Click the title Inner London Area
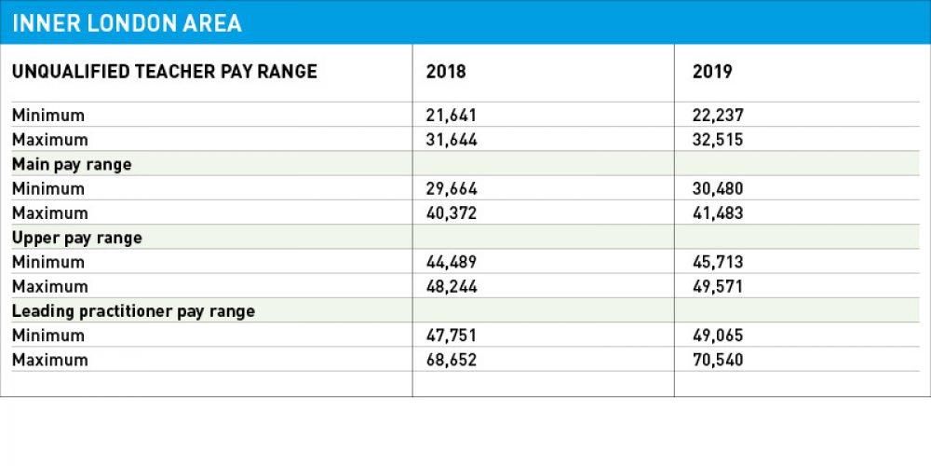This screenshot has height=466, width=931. tap(128, 23)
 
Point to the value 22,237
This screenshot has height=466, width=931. tap(718, 116)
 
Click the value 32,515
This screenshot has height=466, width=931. tap(717, 140)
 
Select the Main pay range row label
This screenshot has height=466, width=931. tap(72, 164)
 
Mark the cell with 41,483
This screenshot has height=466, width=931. tap(718, 213)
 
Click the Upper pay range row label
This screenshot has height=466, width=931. tap(76, 238)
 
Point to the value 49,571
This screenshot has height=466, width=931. tap(718, 286)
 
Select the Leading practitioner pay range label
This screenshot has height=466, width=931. tap(133, 310)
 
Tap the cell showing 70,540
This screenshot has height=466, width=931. tap(718, 360)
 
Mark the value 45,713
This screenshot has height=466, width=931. tap(718, 262)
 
